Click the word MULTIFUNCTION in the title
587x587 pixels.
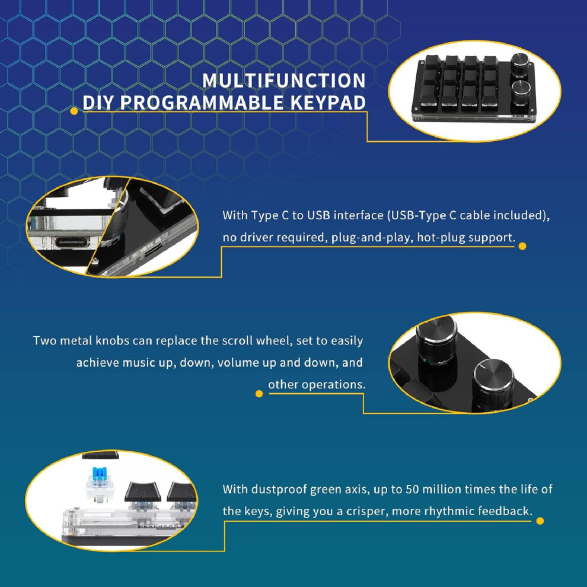coord(284,81)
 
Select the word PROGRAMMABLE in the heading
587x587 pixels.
coord(202,103)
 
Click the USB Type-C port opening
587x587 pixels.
coord(72,243)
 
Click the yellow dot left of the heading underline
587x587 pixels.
coord(74,111)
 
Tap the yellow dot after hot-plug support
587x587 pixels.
coord(522,246)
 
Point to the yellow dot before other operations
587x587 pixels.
coord(259,394)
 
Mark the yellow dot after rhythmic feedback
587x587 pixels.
coord(540,521)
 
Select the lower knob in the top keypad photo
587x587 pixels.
coord(521,92)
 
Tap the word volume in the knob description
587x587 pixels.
coord(247,363)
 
